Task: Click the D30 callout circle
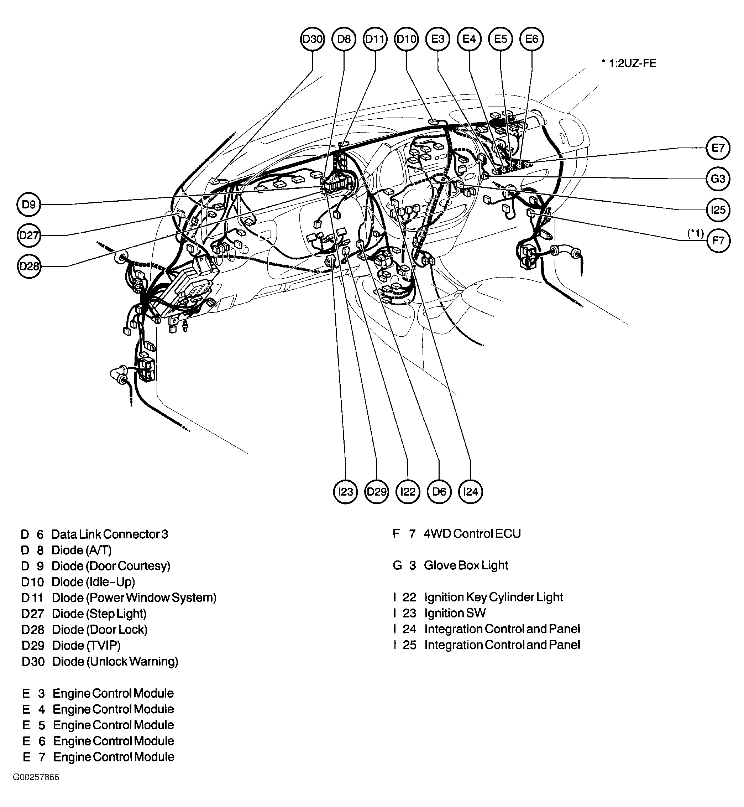[313, 39]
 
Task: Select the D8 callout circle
[344, 39]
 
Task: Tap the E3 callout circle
[438, 39]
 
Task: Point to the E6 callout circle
[532, 39]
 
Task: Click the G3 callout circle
[718, 179]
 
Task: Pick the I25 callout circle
[718, 209]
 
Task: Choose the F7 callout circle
[718, 241]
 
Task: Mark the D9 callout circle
[29, 205]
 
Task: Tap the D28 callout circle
[29, 266]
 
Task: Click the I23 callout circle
[345, 492]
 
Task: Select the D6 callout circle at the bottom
[439, 492]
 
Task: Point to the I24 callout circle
[471, 492]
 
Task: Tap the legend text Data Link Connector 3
[110, 534]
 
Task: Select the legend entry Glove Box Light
[466, 565]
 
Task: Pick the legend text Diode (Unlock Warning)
[115, 662]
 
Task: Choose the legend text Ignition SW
[455, 613]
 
